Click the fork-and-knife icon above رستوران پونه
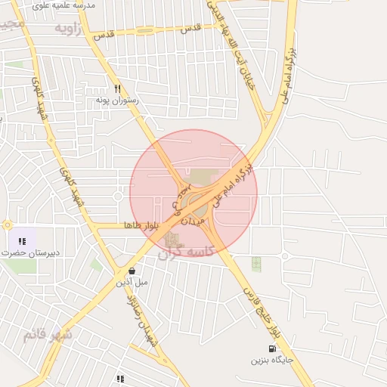coord(117,88)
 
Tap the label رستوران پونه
coord(113,99)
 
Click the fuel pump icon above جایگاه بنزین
coord(272,349)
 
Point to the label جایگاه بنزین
coord(273,361)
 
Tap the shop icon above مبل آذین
coord(132,271)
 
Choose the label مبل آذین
coord(132,282)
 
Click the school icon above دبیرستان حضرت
coord(22,241)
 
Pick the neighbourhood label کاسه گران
coord(187,253)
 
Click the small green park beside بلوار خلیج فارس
coord(256,265)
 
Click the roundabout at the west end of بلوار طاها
coord(8,224)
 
